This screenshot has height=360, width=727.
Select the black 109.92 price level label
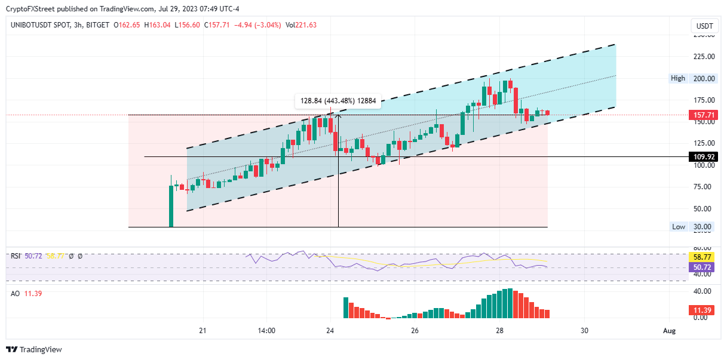click(x=702, y=157)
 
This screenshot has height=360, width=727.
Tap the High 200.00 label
click(x=694, y=78)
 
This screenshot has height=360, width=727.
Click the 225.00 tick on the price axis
click(x=704, y=57)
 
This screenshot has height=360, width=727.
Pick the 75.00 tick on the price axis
click(x=704, y=187)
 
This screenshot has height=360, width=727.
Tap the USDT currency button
click(x=705, y=26)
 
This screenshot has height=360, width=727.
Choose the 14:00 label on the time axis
click(x=266, y=331)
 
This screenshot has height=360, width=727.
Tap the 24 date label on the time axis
click(x=330, y=331)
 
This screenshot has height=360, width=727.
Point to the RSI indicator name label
click(x=16, y=256)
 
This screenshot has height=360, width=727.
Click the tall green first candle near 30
click(x=171, y=206)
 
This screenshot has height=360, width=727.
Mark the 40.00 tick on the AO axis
click(x=704, y=291)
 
